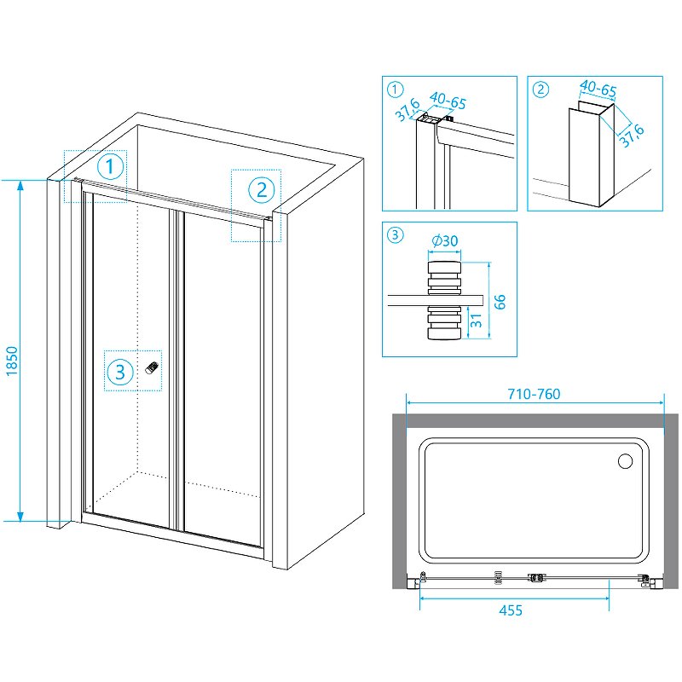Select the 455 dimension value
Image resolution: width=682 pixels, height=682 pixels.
pyautogui.click(x=511, y=610)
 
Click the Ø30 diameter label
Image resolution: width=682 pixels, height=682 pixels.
pyautogui.click(x=444, y=242)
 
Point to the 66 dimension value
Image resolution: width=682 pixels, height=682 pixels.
pyautogui.click(x=500, y=301)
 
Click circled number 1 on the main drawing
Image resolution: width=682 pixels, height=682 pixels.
pyautogui.click(x=111, y=165)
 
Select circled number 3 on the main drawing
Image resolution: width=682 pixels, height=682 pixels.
pyautogui.click(x=120, y=372)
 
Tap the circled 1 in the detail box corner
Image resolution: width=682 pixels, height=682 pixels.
pyautogui.click(x=394, y=89)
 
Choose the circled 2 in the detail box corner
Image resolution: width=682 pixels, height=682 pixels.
pyautogui.click(x=540, y=89)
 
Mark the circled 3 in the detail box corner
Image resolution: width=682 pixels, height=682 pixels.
pyautogui.click(x=394, y=235)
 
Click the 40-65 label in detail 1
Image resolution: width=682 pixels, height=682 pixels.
pyautogui.click(x=448, y=103)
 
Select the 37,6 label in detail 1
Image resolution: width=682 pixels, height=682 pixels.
pyautogui.click(x=408, y=108)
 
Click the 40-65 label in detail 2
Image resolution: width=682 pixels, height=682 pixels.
pyautogui.click(x=598, y=87)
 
